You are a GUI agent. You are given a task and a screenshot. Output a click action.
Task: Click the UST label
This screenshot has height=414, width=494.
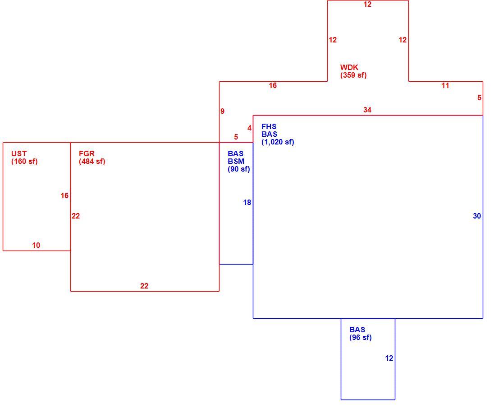click(19, 154)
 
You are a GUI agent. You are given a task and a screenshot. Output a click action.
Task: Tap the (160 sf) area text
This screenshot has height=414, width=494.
click(24, 162)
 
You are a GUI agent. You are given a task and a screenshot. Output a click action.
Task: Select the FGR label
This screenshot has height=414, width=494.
click(87, 154)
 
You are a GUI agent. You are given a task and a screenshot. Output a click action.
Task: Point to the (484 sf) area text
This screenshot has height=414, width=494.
click(92, 162)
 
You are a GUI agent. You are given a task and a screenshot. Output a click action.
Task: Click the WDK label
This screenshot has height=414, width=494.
click(349, 68)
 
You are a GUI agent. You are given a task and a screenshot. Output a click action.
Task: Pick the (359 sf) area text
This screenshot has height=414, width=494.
click(353, 75)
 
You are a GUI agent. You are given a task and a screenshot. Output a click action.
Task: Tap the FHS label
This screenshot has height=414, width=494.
click(269, 126)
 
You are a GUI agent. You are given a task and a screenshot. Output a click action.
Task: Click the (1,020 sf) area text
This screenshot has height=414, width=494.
click(278, 142)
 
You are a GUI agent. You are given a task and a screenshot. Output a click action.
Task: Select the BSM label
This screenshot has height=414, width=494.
click(236, 161)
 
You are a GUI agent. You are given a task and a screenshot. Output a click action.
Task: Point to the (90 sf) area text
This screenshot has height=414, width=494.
click(239, 169)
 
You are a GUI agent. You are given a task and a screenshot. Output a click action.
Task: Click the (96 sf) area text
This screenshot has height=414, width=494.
click(361, 338)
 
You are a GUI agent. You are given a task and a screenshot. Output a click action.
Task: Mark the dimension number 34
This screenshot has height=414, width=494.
click(367, 110)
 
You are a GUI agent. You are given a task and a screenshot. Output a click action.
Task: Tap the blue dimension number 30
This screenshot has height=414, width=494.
click(477, 216)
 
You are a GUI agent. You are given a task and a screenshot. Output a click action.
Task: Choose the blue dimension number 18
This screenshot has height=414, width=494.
click(247, 203)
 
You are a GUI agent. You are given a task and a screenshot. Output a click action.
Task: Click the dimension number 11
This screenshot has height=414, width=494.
click(445, 85)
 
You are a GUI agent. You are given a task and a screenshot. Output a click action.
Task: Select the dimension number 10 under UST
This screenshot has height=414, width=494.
click(36, 245)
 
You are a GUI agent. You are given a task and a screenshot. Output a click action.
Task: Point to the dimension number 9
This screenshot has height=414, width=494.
click(222, 111)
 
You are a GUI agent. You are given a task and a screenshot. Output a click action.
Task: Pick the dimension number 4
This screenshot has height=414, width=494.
click(250, 128)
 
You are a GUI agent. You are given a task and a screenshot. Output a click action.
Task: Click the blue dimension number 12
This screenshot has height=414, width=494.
click(389, 358)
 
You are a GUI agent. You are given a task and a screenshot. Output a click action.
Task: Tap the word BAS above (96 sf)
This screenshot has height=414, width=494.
click(357, 330)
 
